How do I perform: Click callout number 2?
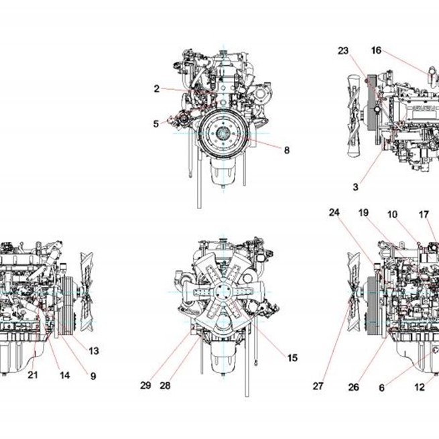[x=157, y=88]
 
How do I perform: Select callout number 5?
[x=156, y=124]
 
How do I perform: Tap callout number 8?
[x=287, y=150]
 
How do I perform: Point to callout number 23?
[x=343, y=51]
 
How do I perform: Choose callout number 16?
[x=376, y=50]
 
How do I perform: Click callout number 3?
[x=356, y=187]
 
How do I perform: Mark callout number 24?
[x=334, y=212]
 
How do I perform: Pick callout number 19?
[x=363, y=213]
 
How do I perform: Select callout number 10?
[x=392, y=214]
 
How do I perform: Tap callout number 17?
[x=424, y=214]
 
